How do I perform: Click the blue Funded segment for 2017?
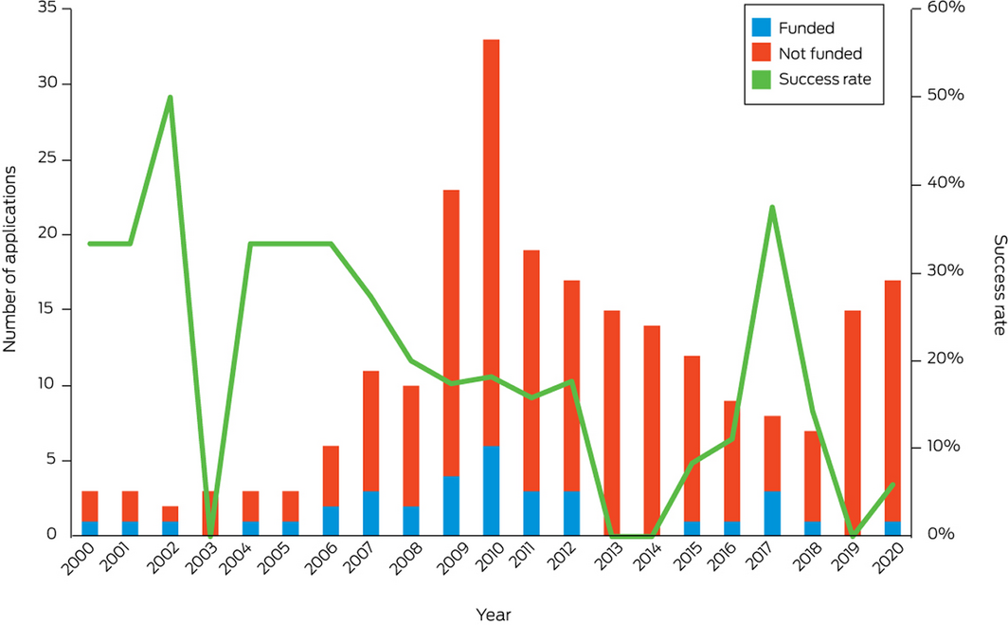coord(771,513)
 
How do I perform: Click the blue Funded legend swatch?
coord(761,28)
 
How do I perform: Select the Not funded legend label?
coord(819,54)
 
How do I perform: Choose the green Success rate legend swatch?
coord(761,79)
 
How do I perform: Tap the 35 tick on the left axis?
coord(45,9)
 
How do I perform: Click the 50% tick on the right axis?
coord(944,97)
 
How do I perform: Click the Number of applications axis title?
coord(10,258)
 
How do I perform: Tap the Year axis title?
coord(493,615)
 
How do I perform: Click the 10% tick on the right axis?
coord(944,447)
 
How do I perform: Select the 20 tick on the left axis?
coord(45,234)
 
